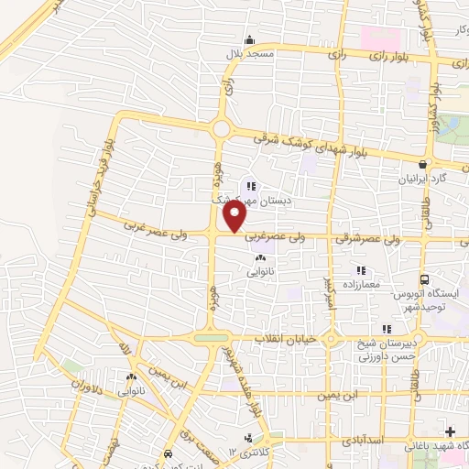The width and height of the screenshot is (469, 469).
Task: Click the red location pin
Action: click(x=235, y=215)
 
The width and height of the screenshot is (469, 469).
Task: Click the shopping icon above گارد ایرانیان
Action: click(x=421, y=164)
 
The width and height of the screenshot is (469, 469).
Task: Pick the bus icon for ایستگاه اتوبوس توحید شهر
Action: click(x=423, y=279)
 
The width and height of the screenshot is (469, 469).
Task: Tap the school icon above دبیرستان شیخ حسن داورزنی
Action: click(x=387, y=329)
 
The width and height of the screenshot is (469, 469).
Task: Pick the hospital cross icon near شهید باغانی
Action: click(x=450, y=431)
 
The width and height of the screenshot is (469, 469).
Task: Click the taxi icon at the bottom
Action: click(x=168, y=454)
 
